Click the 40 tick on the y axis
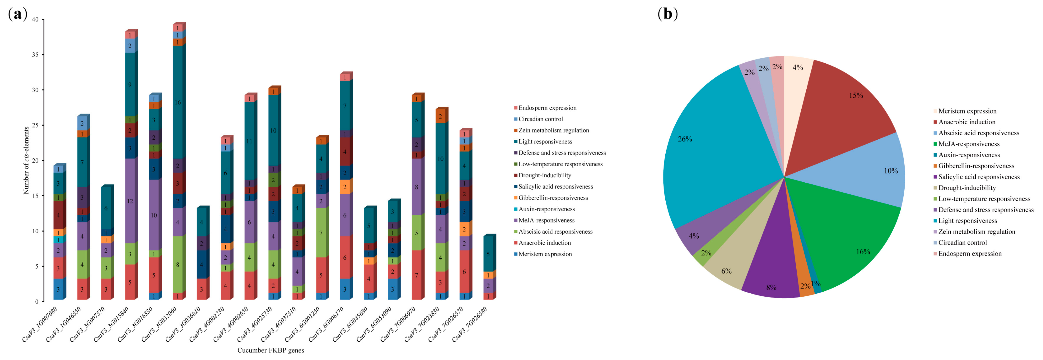(36, 19)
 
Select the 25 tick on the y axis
(36, 125)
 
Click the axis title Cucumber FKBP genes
(271, 350)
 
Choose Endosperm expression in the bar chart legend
(547, 108)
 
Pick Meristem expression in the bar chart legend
(545, 254)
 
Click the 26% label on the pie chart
(685, 139)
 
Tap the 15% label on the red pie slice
(856, 95)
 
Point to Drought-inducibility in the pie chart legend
(967, 188)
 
